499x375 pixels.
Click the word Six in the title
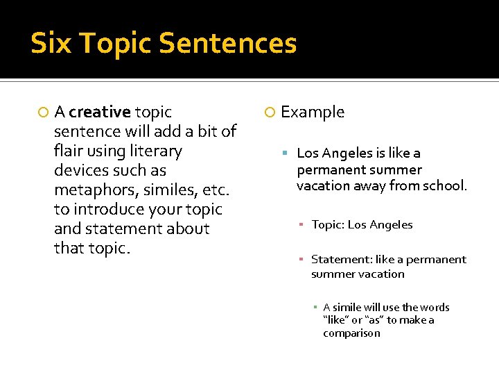point(51,43)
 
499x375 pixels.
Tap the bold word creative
point(100,112)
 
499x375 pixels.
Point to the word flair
point(68,151)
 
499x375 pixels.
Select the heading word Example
point(313,112)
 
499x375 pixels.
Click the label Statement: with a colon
point(341,260)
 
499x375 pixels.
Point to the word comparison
point(351,333)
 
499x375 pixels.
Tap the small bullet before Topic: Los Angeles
point(302,225)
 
